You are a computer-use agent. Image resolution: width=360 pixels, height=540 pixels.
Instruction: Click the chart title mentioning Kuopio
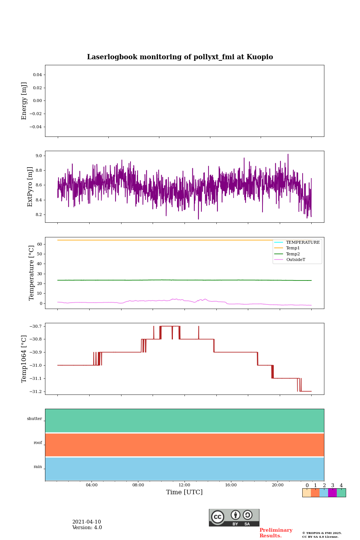(180, 57)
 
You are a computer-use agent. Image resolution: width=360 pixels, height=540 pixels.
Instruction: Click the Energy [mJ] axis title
(24, 101)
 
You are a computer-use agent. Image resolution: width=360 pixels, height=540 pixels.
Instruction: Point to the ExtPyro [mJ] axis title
(30, 187)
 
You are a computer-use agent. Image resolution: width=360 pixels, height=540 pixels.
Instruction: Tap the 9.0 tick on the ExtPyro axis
(39, 156)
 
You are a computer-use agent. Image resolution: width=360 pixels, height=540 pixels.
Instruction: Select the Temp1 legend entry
(293, 248)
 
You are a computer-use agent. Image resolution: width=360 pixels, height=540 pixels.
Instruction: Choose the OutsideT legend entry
(295, 260)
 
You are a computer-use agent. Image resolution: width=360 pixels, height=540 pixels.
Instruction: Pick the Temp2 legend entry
(293, 254)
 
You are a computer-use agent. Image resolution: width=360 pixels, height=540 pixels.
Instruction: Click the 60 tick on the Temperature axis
(39, 244)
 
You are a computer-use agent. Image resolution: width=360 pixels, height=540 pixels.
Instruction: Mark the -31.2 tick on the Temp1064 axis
(36, 391)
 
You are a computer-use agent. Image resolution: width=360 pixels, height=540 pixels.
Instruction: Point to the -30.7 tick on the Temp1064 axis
(36, 326)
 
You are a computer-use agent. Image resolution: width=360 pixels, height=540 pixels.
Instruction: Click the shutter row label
(34, 419)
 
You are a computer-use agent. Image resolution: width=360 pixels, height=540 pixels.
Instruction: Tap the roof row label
(38, 443)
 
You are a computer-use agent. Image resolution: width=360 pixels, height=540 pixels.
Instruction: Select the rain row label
(38, 467)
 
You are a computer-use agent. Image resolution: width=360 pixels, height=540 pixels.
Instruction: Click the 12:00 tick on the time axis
(184, 485)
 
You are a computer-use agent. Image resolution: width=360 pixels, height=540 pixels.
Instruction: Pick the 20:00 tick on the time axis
(277, 485)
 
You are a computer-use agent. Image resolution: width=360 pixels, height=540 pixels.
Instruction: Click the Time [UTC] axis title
(184, 492)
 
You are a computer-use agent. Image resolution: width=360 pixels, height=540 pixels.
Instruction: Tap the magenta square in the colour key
(332, 493)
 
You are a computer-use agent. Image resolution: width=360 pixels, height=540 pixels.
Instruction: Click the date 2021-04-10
(87, 522)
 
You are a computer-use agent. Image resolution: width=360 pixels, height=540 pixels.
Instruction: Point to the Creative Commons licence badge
(234, 517)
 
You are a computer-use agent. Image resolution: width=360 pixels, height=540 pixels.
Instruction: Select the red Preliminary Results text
(276, 533)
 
